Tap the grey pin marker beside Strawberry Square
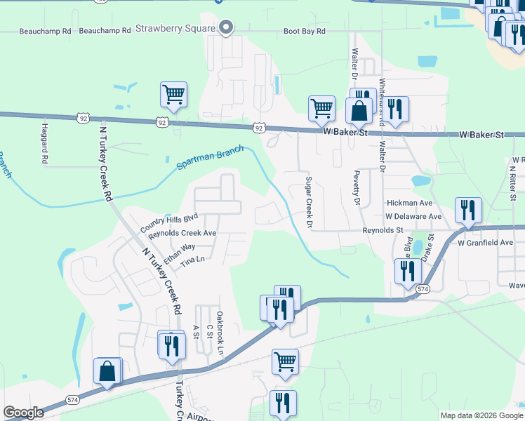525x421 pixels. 225,27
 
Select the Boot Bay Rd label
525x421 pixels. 305,32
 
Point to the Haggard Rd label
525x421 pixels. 44,143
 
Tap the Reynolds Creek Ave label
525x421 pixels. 182,233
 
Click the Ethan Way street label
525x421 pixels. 179,253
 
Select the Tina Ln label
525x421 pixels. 192,260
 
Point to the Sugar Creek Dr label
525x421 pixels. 307,202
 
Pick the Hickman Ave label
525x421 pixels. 409,203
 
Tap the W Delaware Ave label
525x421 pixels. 413,217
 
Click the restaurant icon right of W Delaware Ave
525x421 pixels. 467,210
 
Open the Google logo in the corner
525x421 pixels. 23,413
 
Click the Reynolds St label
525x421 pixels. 383,230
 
